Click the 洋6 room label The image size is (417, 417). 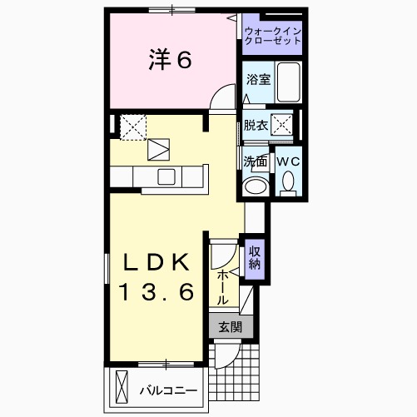[171, 59]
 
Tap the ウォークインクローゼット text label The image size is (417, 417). [273, 36]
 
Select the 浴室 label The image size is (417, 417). [257, 81]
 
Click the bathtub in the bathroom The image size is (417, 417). [287, 82]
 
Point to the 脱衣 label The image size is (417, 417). [255, 126]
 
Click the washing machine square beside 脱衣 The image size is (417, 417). [284, 125]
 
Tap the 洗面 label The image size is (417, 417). [255, 161]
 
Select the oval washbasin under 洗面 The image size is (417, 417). [256, 185]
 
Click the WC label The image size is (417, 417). [288, 161]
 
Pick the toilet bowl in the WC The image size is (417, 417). [288, 181]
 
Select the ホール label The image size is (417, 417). [224, 285]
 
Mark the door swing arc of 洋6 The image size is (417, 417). [222, 98]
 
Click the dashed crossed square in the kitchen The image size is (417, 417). [132, 127]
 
